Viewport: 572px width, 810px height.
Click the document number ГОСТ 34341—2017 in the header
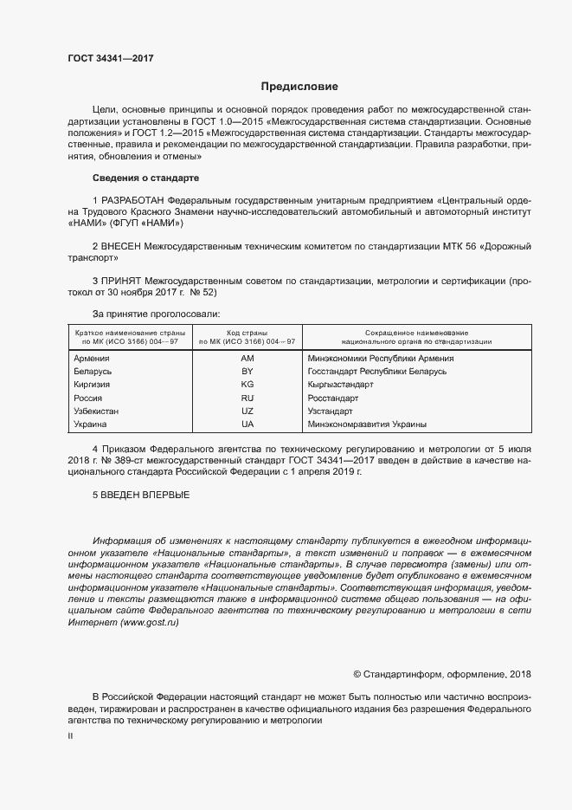pyautogui.click(x=111, y=57)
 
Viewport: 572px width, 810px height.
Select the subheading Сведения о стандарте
pyautogui.click(x=145, y=178)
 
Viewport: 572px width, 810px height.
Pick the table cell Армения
pyautogui.click(x=91, y=359)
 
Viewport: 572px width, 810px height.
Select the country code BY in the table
pyautogui.click(x=247, y=372)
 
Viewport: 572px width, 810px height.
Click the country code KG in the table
pyautogui.click(x=247, y=385)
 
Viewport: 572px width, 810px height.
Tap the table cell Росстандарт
pyautogui.click(x=332, y=399)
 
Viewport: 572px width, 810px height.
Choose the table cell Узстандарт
pyautogui.click(x=331, y=411)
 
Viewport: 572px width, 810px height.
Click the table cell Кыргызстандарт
pyautogui.click(x=340, y=385)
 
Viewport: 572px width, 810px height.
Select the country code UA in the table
pyautogui.click(x=247, y=425)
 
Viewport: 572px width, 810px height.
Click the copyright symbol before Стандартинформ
pyautogui.click(x=357, y=675)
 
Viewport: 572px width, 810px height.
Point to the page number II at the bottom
pyautogui.click(x=70, y=736)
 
